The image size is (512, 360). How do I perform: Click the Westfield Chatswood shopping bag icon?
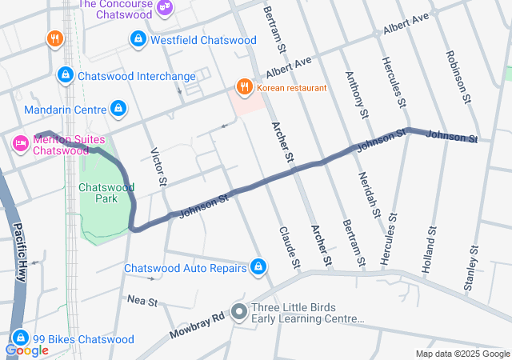tap(138, 39)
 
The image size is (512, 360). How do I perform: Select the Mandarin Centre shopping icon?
tap(118, 107)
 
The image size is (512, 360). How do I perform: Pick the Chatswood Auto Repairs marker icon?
tap(258, 267)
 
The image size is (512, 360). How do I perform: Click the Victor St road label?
tap(158, 167)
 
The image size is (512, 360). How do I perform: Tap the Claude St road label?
tap(289, 246)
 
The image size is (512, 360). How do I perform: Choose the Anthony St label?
tap(357, 96)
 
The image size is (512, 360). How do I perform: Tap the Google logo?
tap(26, 350)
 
